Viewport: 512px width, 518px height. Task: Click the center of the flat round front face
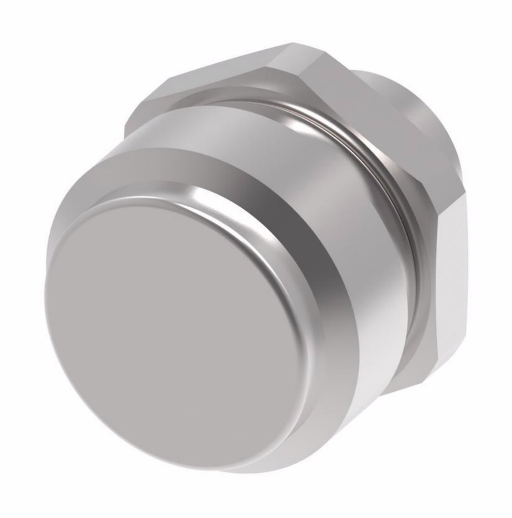171,332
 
